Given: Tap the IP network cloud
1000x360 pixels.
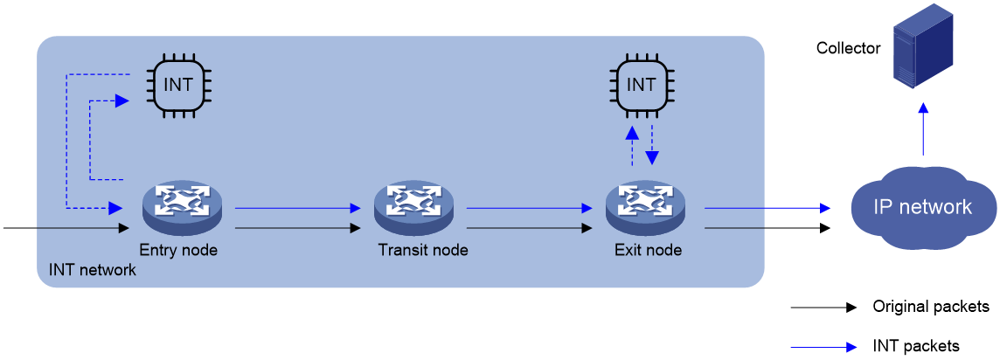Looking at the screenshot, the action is tap(923, 208).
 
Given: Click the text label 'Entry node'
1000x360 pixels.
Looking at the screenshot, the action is tap(178, 251).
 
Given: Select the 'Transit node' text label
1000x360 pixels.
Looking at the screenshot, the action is tap(423, 251).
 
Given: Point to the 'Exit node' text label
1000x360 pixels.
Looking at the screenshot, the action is tap(648, 251).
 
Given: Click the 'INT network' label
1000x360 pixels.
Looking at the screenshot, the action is tap(93, 270).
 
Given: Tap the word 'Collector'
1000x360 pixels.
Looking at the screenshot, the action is tap(848, 48).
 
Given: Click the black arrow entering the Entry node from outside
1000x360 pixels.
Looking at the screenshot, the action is tap(66, 227).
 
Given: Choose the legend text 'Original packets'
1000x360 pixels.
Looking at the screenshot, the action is tap(930, 307).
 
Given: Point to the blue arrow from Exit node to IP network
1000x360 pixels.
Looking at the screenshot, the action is tap(767, 208).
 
